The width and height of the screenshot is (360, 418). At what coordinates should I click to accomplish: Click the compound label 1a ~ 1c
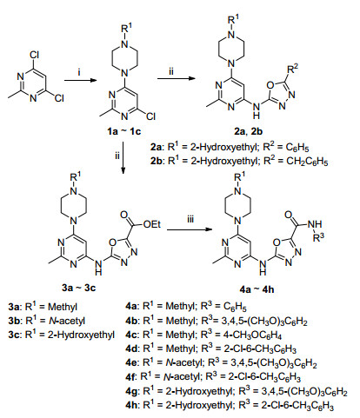[123, 132]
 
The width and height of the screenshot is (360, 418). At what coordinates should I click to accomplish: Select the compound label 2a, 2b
[248, 131]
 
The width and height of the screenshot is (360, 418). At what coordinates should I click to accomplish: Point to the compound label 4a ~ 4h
[257, 289]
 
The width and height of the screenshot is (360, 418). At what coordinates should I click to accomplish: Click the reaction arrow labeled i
[80, 80]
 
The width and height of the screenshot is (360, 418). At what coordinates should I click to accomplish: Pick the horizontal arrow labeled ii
[176, 78]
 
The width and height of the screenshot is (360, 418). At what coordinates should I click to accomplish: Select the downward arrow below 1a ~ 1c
[123, 158]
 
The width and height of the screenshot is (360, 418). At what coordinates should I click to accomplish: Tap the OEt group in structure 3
[152, 224]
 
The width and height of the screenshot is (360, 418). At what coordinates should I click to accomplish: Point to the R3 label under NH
[318, 237]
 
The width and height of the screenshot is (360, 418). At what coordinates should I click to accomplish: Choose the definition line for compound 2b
[239, 161]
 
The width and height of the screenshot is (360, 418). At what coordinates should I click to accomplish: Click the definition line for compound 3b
[47, 321]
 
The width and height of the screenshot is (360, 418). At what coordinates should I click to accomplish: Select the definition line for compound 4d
[210, 348]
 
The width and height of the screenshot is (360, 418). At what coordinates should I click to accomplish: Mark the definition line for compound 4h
[230, 405]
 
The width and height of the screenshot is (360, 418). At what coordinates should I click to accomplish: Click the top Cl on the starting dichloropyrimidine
[34, 55]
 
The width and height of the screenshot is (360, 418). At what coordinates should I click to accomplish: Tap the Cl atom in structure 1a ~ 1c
[150, 116]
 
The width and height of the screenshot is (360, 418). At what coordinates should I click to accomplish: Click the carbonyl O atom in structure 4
[289, 215]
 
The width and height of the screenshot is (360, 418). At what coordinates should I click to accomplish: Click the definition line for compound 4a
[186, 306]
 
